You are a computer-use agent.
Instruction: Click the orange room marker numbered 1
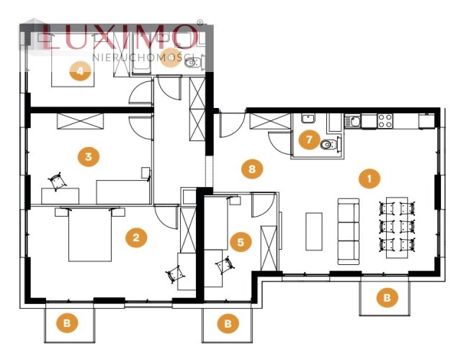(x=369, y=178)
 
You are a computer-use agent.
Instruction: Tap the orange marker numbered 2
(x=136, y=237)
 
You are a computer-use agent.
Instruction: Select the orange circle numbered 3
(x=89, y=156)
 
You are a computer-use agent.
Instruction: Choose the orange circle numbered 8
(x=252, y=168)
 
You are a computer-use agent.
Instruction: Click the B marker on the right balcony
(x=387, y=297)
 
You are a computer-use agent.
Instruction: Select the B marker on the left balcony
(x=67, y=323)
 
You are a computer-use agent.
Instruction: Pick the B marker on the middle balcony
(x=228, y=323)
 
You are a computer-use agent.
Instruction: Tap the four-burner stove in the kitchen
(x=385, y=121)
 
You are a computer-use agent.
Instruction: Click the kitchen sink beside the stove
(x=353, y=122)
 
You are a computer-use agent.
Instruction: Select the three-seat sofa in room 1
(x=349, y=231)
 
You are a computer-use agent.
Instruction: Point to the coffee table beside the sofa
(x=314, y=231)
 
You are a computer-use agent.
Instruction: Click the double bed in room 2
(x=90, y=234)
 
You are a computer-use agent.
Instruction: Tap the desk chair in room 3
(x=56, y=181)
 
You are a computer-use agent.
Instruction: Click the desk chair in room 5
(x=225, y=265)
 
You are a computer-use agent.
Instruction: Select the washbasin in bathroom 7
(x=308, y=118)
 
